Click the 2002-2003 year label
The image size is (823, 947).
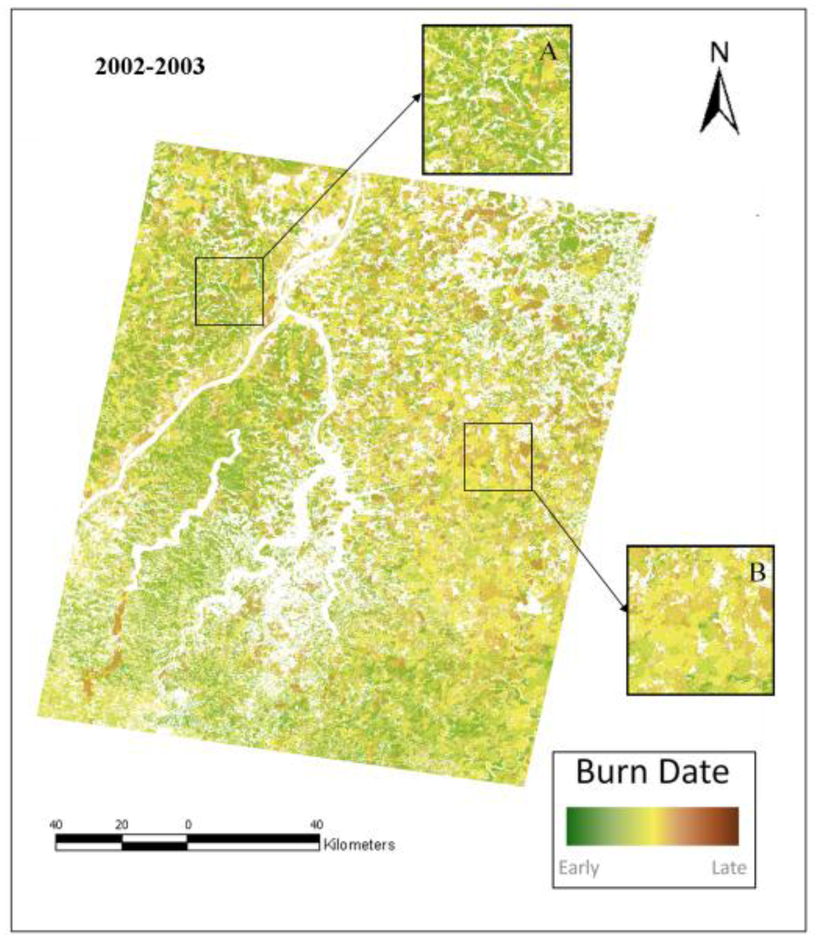tap(149, 68)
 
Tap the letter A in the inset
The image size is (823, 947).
tap(548, 51)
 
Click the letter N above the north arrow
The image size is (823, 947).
tap(719, 53)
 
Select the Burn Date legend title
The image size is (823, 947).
tap(653, 773)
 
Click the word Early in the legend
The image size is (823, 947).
tap(579, 868)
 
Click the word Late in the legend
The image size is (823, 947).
tap(728, 868)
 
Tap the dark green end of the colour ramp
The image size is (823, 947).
tap(572, 826)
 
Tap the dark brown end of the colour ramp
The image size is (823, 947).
tap(733, 826)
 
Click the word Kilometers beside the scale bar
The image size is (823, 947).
tap(358, 845)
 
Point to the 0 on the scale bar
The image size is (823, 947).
tap(188, 824)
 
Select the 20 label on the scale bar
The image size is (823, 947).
tap(122, 824)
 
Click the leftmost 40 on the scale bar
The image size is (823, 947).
tap(56, 824)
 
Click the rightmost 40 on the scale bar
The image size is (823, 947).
tap(317, 824)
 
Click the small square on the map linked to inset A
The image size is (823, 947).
tap(230, 291)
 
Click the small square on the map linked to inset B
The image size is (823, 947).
tap(498, 457)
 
